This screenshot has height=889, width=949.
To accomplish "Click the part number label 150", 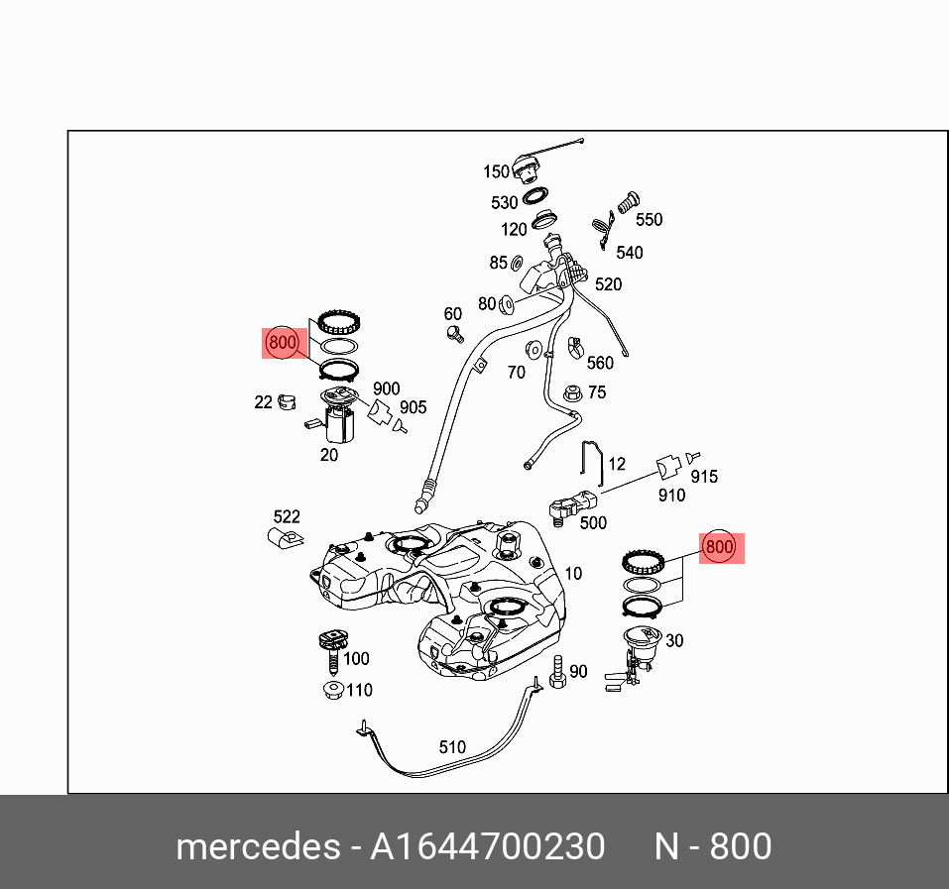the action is [x=496, y=171].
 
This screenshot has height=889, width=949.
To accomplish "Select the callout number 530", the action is [x=504, y=202].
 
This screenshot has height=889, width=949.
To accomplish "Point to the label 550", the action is [x=649, y=220].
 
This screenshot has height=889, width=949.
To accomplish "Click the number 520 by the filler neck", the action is [x=608, y=284].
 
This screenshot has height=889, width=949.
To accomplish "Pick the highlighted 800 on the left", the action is [x=283, y=343].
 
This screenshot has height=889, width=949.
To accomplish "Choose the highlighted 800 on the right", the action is [x=719, y=546].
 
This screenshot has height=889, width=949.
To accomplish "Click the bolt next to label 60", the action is [x=455, y=334].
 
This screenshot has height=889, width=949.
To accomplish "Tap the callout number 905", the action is [x=413, y=407].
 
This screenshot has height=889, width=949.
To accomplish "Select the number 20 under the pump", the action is [x=328, y=455].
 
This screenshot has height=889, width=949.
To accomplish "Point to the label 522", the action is [x=287, y=516].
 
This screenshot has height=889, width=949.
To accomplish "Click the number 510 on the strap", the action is [x=452, y=747].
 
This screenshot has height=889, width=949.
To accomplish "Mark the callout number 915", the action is [x=704, y=477].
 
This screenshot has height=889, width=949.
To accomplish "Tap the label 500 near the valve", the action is [x=593, y=522].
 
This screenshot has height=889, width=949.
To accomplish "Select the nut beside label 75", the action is [x=571, y=392].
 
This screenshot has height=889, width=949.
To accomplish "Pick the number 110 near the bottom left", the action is [x=358, y=690].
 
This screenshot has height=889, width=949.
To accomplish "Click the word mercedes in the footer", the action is [x=257, y=846].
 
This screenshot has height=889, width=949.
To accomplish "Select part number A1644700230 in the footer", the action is [x=487, y=846].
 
